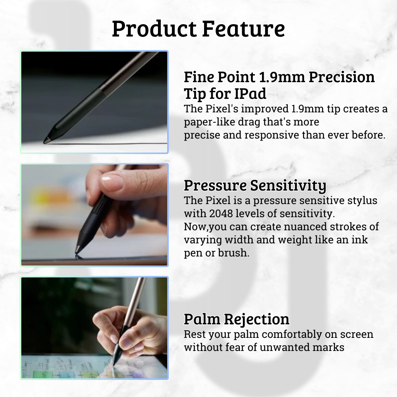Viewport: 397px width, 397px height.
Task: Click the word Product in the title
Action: (x=154, y=29)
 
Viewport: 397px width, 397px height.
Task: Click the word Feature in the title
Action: (x=244, y=29)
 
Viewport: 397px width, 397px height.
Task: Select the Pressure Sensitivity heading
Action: (x=255, y=186)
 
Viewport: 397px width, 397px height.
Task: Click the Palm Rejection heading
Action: (x=237, y=319)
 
